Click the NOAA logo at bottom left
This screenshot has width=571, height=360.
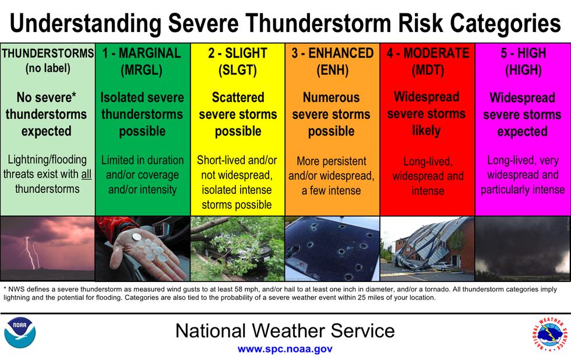(20, 332)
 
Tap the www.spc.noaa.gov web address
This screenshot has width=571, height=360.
(285, 350)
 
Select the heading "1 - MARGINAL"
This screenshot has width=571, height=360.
(142, 54)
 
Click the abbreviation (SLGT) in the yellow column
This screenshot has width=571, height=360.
(237, 70)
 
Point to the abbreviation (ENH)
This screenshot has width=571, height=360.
(332, 70)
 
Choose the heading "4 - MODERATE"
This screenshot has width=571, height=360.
(428, 54)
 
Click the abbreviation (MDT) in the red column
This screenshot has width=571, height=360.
(428, 70)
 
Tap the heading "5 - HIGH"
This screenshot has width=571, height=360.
(523, 54)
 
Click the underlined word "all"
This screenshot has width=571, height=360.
(86, 174)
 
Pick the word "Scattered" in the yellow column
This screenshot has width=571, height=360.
(237, 98)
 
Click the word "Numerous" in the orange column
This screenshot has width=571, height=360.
(331, 98)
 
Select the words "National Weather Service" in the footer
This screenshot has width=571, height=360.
(285, 331)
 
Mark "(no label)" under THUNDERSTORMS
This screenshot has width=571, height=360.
(47, 68)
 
